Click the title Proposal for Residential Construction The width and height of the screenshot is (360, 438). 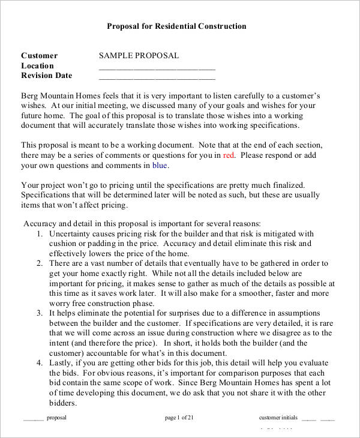coord(176,26)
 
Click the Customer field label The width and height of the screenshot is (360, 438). coord(40,56)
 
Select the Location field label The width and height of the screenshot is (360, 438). coord(38,66)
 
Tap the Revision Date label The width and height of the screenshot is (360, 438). coord(47,76)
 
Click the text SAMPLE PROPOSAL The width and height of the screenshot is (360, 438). coord(139,56)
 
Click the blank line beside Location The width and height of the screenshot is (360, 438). coord(157,67)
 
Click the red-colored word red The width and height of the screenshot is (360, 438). coord(228,155)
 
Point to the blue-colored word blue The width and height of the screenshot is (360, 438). coord(160,165)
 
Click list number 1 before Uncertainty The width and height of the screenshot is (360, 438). coord(39,234)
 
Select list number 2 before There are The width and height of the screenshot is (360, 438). coord(39,263)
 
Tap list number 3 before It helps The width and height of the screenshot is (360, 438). coord(39,313)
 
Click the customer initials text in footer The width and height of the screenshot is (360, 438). coord(278,418)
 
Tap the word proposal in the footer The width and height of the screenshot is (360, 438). coord(56,418)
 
